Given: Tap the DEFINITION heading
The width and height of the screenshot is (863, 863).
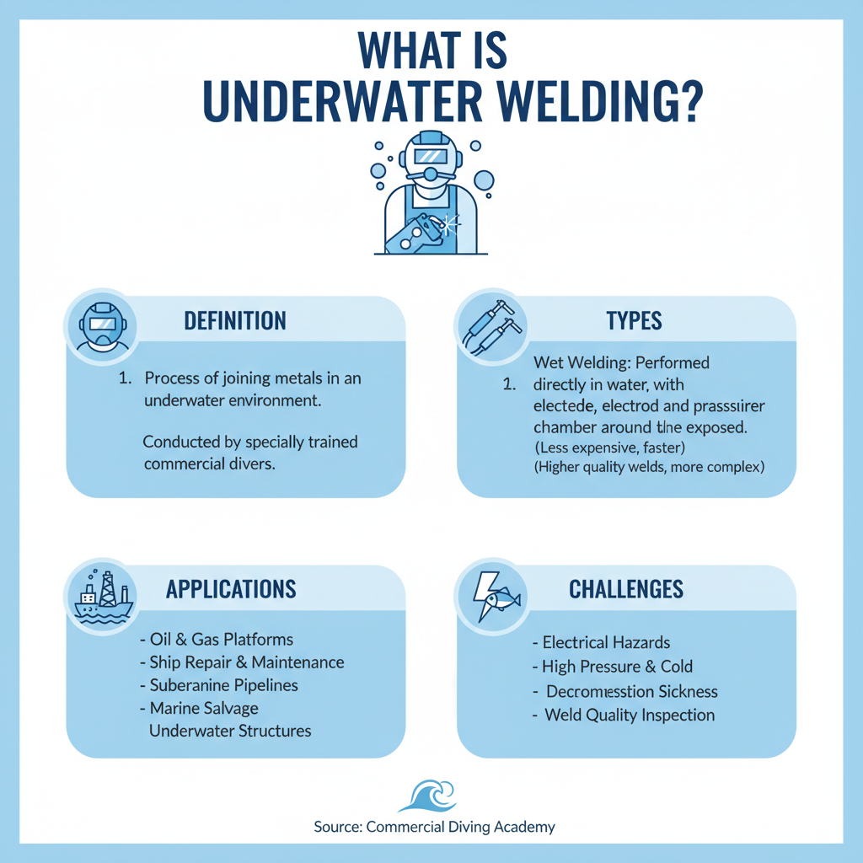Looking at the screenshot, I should pyautogui.click(x=235, y=320).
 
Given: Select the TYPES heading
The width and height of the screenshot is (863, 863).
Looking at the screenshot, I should pyautogui.click(x=634, y=320).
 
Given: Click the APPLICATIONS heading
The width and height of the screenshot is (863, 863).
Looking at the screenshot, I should pyautogui.click(x=231, y=588).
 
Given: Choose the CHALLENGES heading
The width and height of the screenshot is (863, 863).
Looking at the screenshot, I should pyautogui.click(x=625, y=588).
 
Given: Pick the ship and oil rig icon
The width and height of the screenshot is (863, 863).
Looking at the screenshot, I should pyautogui.click(x=99, y=596).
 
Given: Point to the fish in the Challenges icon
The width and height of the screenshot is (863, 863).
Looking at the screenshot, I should pyautogui.click(x=504, y=600).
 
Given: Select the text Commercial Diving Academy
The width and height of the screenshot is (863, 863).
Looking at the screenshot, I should pyautogui.click(x=461, y=827).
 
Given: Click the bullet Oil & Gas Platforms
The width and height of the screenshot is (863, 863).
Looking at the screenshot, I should pyautogui.click(x=217, y=640).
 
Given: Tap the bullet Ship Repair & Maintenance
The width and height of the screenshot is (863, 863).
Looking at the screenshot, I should pyautogui.click(x=242, y=662).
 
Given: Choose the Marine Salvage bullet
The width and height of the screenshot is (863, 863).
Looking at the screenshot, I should pyautogui.click(x=200, y=708).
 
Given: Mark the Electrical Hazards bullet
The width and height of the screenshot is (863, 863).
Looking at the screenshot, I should pyautogui.click(x=602, y=642).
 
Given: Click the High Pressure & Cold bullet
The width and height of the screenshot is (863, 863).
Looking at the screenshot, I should pyautogui.click(x=613, y=667).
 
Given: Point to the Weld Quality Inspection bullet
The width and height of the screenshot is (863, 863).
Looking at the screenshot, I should pyautogui.click(x=624, y=715).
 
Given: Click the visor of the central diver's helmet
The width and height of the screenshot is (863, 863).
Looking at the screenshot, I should pyautogui.click(x=431, y=156).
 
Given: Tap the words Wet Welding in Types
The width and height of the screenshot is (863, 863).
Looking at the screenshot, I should pyautogui.click(x=571, y=363).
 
